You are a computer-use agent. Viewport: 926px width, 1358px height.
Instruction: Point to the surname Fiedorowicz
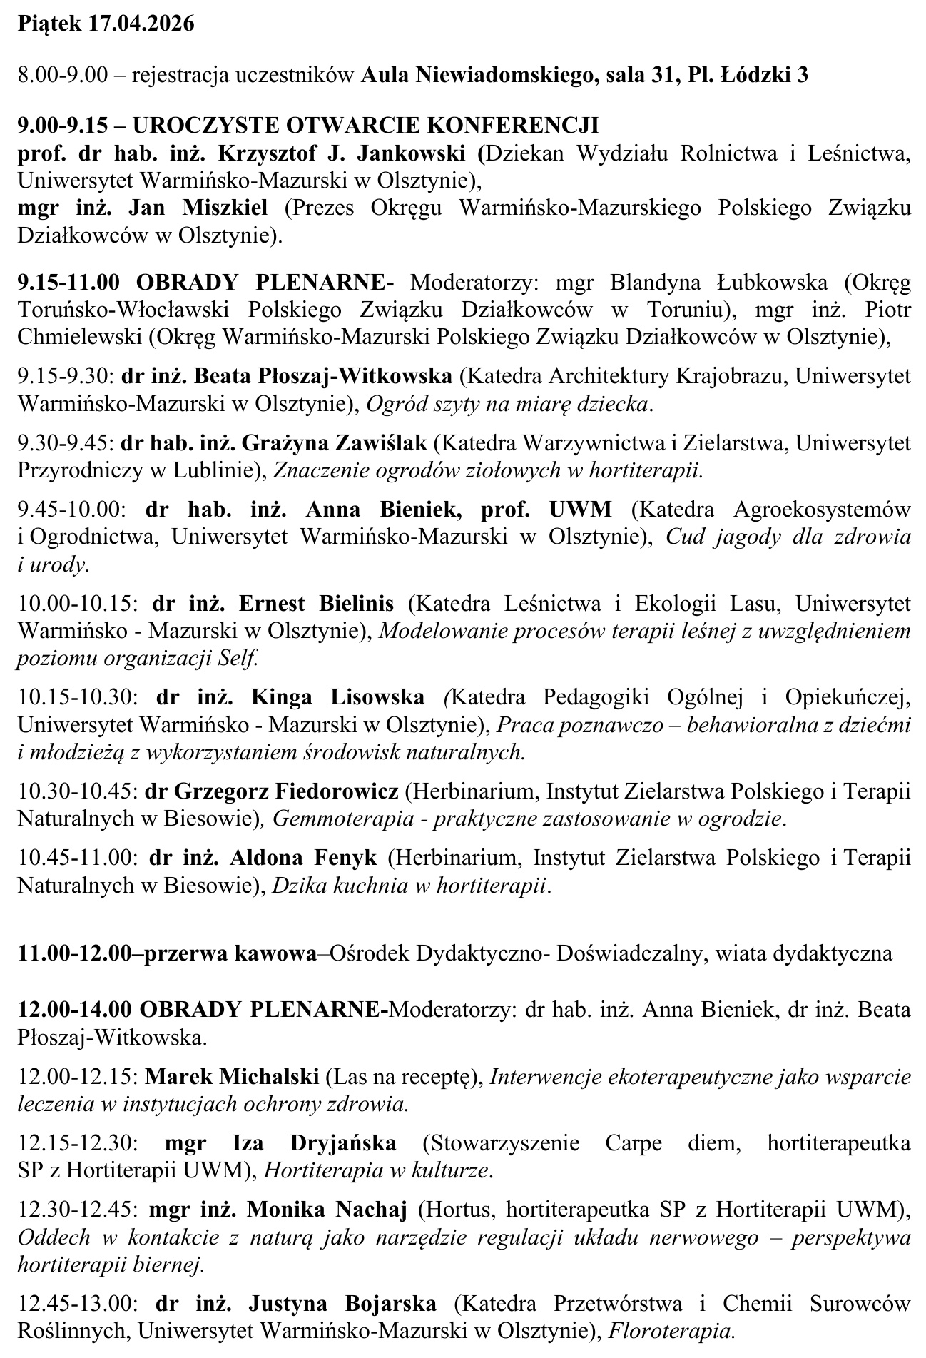tap(337, 791)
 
